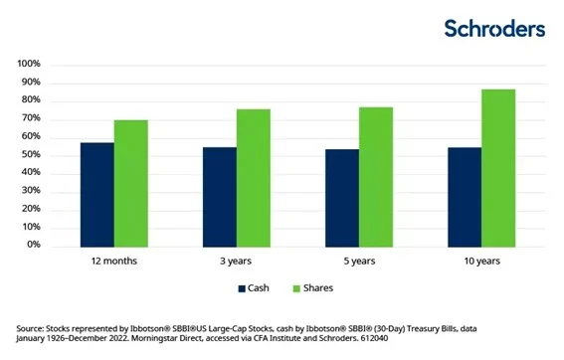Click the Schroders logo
click(x=494, y=28)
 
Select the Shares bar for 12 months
click(x=131, y=182)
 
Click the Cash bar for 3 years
click(x=220, y=196)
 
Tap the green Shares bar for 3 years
click(x=254, y=176)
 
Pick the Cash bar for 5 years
click(x=342, y=197)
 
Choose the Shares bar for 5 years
click(x=376, y=175)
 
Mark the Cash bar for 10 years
click(x=465, y=196)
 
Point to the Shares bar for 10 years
click(x=498, y=166)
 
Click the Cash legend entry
click(x=255, y=288)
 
